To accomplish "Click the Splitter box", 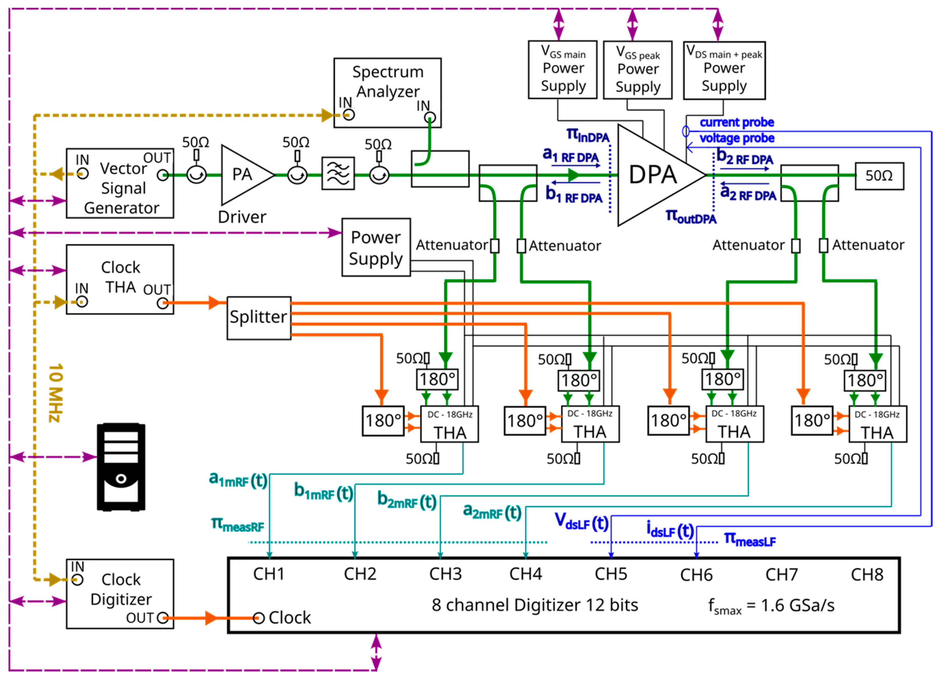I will [x=259, y=318].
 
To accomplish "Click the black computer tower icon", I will [x=121, y=467].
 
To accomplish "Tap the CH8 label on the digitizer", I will [x=867, y=575].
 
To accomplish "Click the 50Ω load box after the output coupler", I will [x=879, y=176].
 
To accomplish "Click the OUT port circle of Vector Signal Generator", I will [x=163, y=175].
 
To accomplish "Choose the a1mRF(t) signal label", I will [x=238, y=480].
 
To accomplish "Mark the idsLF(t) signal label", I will [x=670, y=531].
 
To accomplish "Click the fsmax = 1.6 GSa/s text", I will [x=771, y=606].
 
